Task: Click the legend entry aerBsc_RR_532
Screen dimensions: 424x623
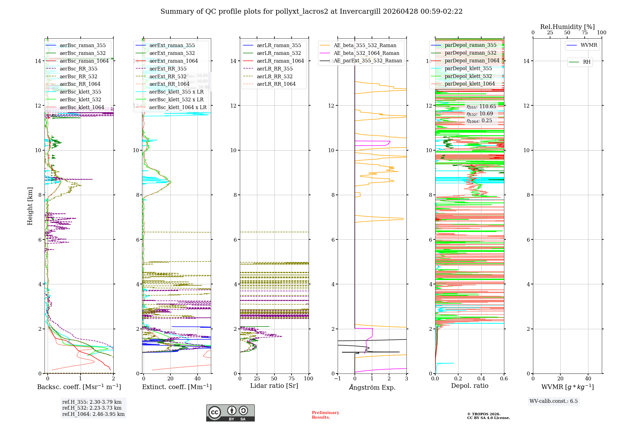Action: pos(78,76)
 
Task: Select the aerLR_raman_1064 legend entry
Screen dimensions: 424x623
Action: pos(280,61)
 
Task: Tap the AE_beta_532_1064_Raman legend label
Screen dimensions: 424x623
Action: pos(366,53)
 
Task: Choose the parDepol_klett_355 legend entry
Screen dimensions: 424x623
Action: pos(468,68)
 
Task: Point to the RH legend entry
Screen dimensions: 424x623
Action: pos(587,62)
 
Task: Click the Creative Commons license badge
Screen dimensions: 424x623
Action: pos(230,413)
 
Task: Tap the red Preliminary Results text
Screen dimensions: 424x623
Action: pos(325,415)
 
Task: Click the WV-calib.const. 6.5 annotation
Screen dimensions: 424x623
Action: pos(554,401)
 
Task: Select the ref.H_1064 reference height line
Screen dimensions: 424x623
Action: pos(93,414)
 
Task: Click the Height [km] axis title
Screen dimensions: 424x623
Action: pos(30,206)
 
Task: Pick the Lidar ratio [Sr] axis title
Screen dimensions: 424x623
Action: pos(274,386)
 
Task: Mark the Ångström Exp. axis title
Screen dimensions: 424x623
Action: pos(372,388)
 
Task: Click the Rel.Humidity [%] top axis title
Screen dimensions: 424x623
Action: pos(567,27)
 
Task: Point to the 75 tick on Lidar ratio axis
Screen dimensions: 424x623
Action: pos(292,379)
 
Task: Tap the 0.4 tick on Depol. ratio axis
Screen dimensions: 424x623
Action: pos(481,379)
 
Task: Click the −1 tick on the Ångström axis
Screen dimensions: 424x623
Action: pos(337,379)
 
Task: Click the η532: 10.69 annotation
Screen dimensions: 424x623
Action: pos(480,114)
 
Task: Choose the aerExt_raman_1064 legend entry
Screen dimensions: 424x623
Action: pos(174,61)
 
